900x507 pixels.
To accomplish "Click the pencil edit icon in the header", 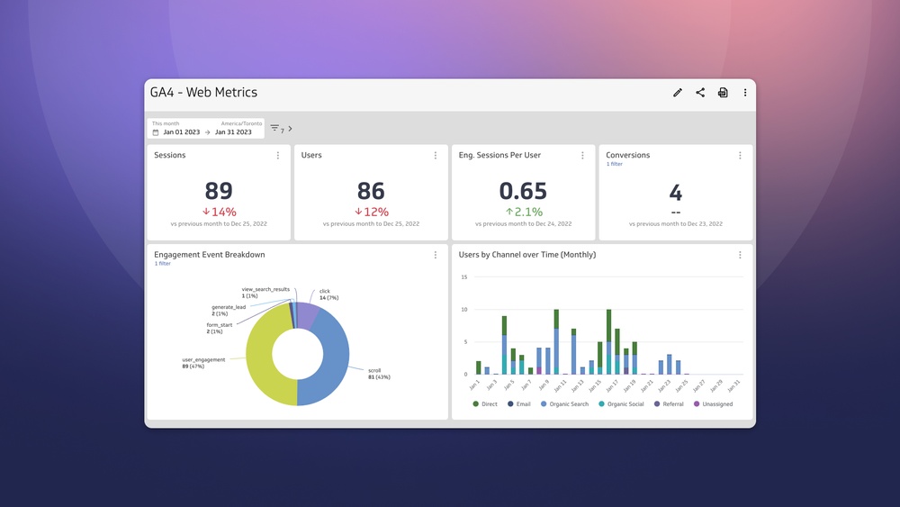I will (678, 93).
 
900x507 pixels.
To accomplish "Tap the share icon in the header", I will (700, 93).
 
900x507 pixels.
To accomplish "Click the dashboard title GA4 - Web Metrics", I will (203, 93).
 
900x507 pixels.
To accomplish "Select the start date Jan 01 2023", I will (181, 132).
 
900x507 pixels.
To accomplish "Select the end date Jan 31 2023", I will (233, 132).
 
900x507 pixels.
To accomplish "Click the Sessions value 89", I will (219, 191).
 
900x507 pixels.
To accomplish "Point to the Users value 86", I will (371, 191).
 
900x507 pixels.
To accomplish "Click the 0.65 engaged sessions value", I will (523, 191).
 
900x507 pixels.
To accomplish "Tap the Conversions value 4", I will (675, 191).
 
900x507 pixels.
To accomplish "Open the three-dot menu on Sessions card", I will (278, 156).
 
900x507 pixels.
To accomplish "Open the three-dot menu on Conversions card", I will (740, 156).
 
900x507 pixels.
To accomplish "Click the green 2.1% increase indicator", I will (523, 212).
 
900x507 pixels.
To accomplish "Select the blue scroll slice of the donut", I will (333, 360).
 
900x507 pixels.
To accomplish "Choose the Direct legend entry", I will (485, 404).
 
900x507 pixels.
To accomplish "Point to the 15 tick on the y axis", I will (463, 277).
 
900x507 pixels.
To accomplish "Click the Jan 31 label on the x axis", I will (735, 385).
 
